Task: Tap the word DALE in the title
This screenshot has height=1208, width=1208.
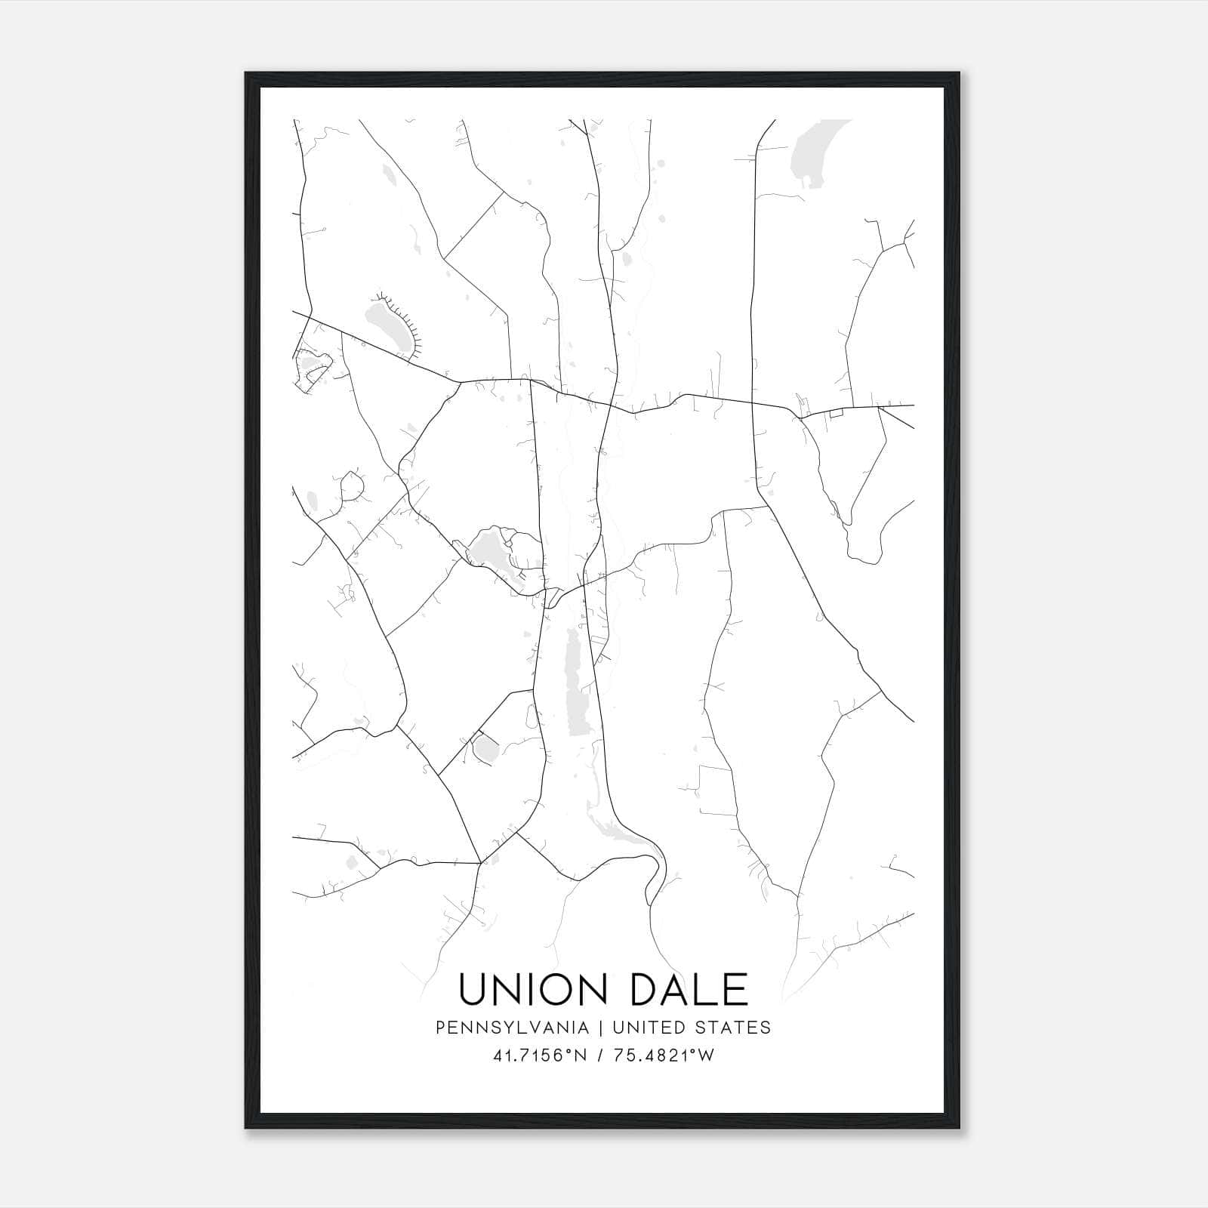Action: point(688,990)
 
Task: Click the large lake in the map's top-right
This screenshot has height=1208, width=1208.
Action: point(812,151)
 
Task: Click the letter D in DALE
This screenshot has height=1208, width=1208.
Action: point(646,990)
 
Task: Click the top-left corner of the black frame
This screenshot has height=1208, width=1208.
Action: point(247,74)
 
